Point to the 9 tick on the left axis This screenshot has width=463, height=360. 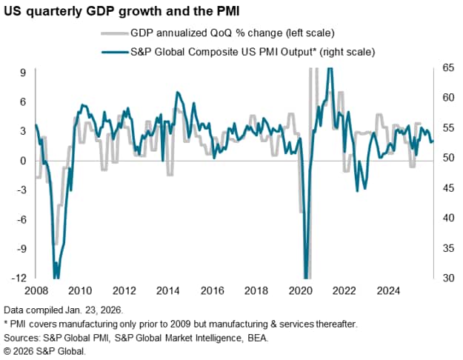tap(24, 72)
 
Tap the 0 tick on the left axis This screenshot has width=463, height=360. tap(24, 160)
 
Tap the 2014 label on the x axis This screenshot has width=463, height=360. tap(167, 290)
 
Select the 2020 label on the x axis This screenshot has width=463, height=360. tap(299, 290)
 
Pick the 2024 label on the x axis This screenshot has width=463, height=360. tap(386, 290)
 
